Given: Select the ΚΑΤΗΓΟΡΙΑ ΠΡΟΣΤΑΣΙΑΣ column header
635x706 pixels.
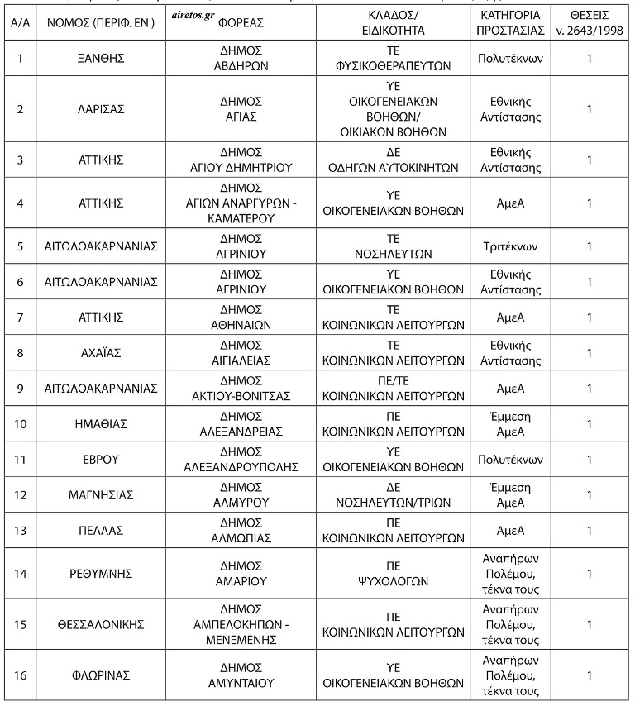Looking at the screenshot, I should (510, 23).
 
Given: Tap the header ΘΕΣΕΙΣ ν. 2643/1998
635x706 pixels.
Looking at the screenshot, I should (589, 23).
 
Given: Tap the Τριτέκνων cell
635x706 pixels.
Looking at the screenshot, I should (510, 246).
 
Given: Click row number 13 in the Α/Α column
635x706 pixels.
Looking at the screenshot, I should (20, 530).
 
